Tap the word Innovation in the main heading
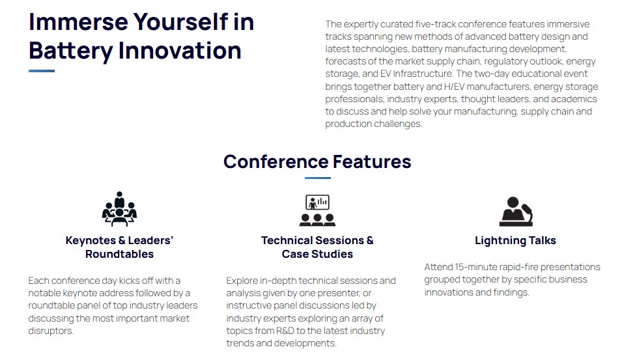[x=180, y=51]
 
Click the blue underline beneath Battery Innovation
[x=42, y=71]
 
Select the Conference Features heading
[x=317, y=161]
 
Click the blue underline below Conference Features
[x=317, y=178]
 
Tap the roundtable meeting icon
[x=119, y=209]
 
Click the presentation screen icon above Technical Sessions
[x=317, y=210]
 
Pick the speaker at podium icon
[x=516, y=212]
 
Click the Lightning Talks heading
[x=515, y=240]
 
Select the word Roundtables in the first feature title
[x=119, y=254]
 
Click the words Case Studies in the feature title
[x=317, y=254]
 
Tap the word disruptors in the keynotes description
[x=51, y=331]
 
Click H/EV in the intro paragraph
[x=455, y=87]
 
